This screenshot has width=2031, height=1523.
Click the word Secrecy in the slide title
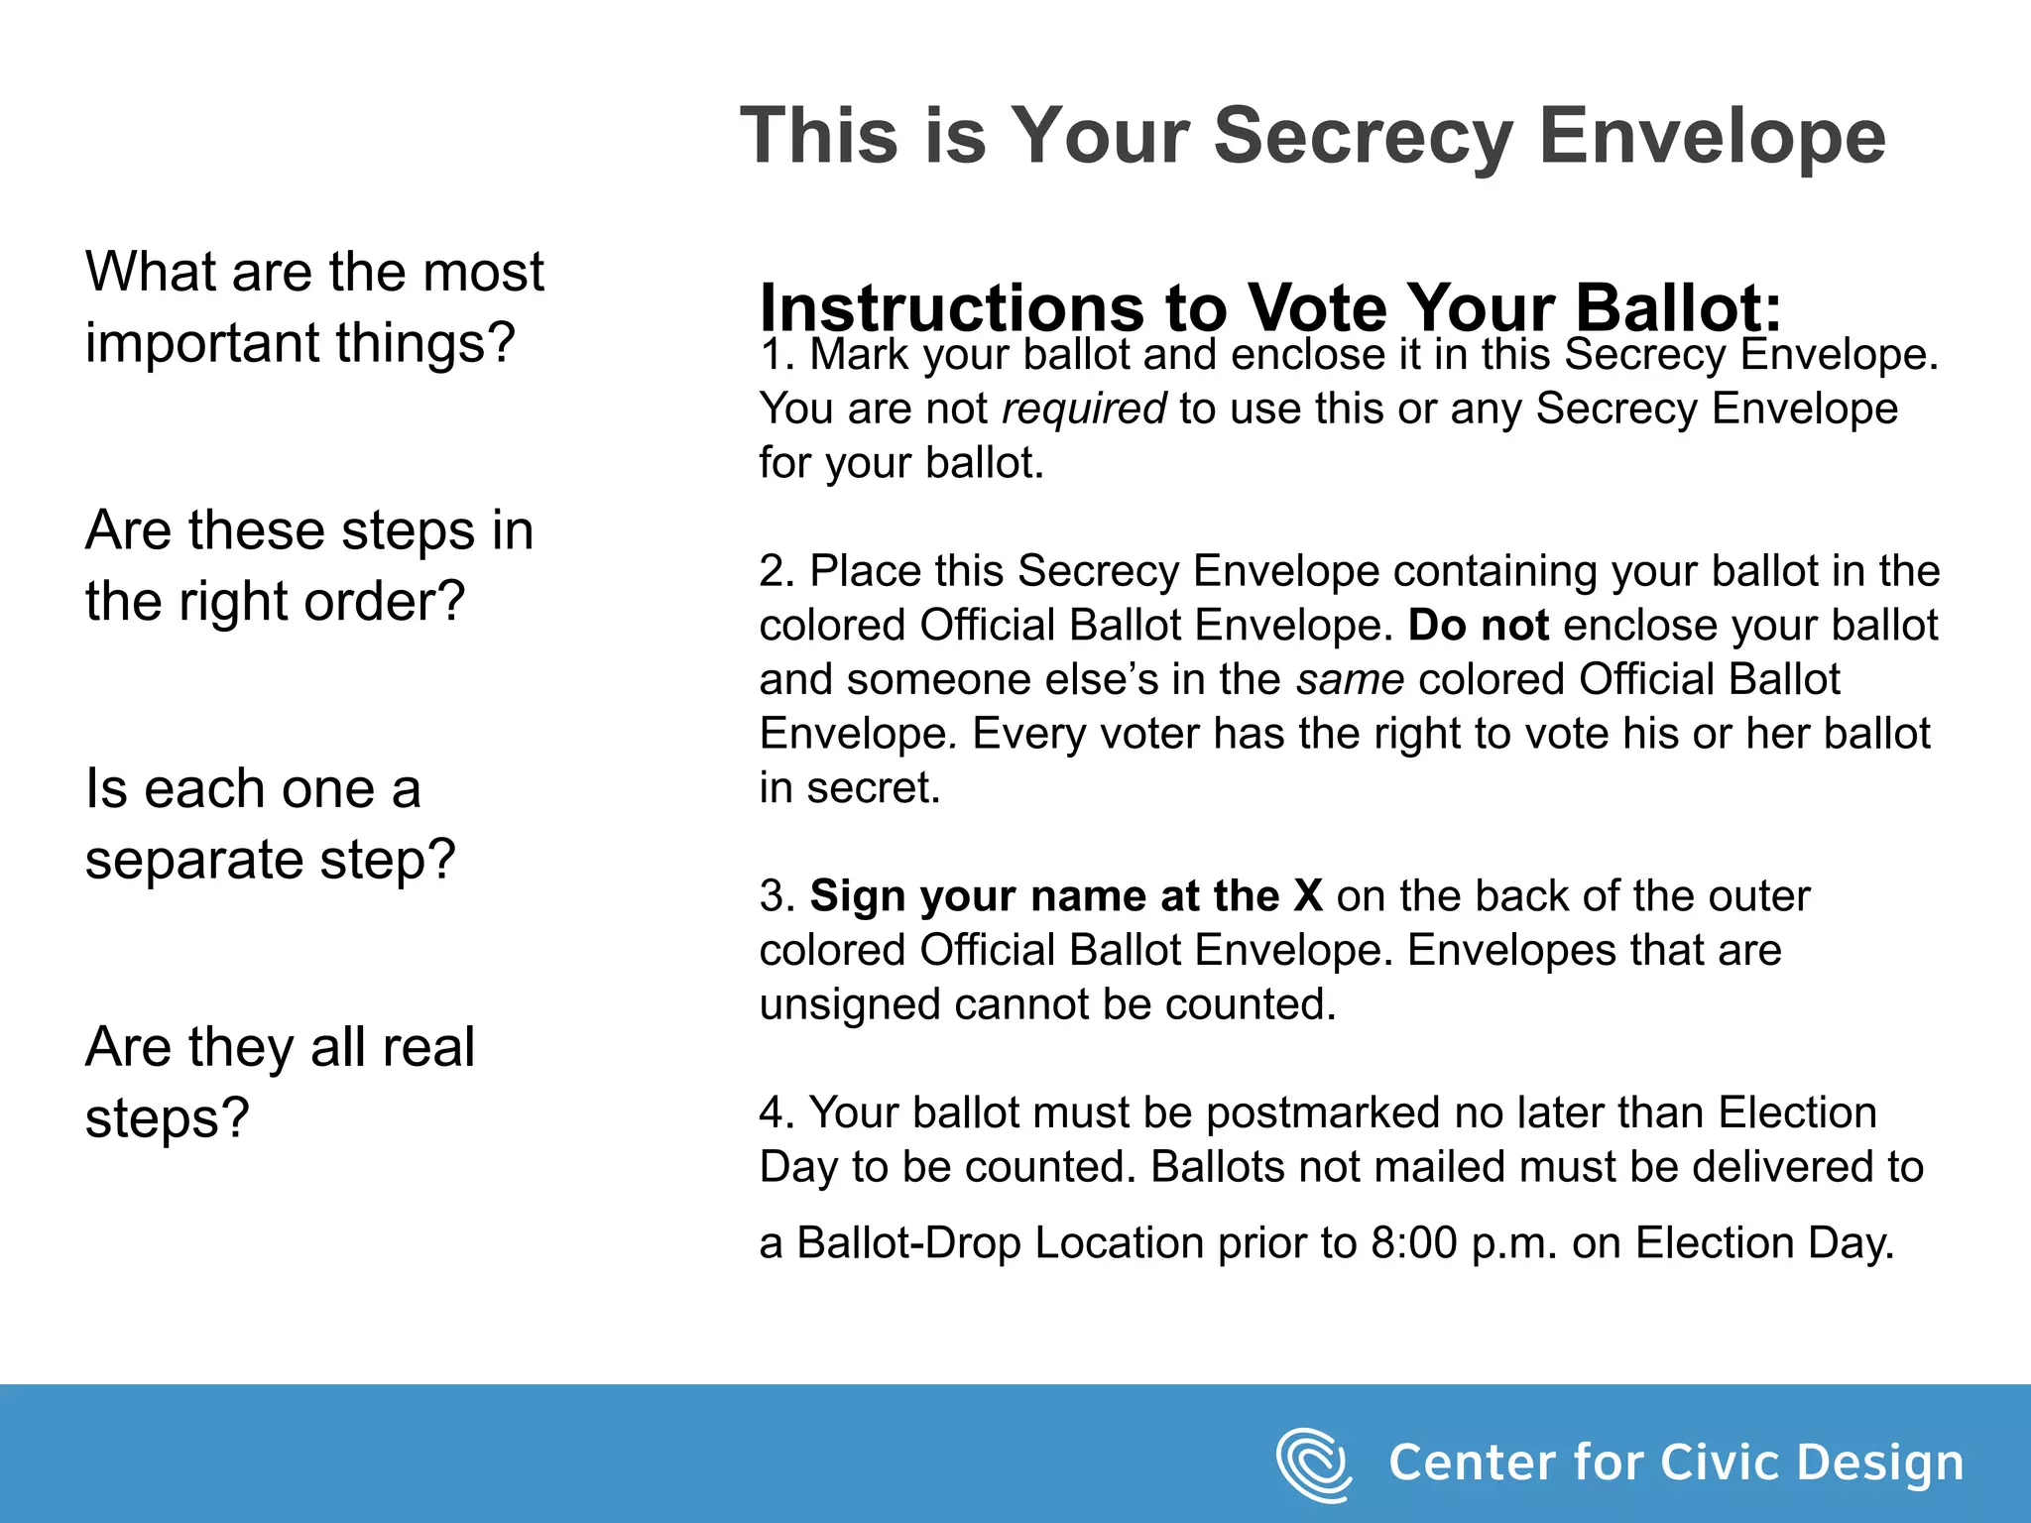(x=1364, y=136)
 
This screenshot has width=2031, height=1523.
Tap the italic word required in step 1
(x=1084, y=409)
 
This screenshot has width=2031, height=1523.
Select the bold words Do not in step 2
(x=1479, y=626)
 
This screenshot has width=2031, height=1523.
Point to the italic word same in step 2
(x=1350, y=680)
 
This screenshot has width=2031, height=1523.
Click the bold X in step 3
(x=1308, y=896)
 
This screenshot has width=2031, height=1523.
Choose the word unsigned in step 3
(x=850, y=1004)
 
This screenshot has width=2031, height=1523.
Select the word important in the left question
(x=202, y=343)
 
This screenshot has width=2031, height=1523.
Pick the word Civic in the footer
(x=1716, y=1464)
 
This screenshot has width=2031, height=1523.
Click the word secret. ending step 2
(x=873, y=788)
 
